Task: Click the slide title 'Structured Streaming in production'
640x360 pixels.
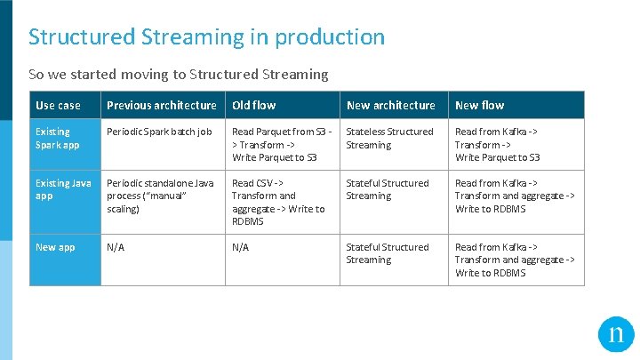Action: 206,37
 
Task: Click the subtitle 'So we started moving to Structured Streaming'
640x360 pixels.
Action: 178,75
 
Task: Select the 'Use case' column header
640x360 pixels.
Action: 58,105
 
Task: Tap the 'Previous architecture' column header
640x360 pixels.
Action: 162,105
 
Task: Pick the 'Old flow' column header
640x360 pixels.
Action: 254,105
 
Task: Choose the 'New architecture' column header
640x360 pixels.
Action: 391,105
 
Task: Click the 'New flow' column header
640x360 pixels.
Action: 480,105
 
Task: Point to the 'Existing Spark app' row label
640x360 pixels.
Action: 58,138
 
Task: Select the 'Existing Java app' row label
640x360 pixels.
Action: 62,189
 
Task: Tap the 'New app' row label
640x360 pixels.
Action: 55,247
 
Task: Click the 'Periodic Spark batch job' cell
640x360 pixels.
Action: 159,132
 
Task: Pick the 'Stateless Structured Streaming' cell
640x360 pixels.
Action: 389,138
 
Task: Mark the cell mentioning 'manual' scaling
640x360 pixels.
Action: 160,196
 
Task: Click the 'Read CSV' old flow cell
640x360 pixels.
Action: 278,202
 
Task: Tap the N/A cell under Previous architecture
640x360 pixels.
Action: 116,247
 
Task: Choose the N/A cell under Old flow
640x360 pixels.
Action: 241,247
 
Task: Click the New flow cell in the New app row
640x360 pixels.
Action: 515,260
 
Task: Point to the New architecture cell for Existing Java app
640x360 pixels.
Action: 388,189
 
